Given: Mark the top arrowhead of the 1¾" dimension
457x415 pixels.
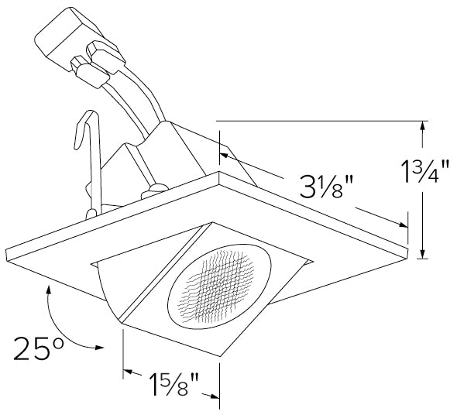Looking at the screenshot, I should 421,127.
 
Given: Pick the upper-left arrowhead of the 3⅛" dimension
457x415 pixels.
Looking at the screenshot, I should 225,154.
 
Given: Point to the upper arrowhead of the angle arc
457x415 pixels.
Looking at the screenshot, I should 49,290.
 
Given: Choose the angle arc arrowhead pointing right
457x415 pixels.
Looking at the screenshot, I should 98,348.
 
